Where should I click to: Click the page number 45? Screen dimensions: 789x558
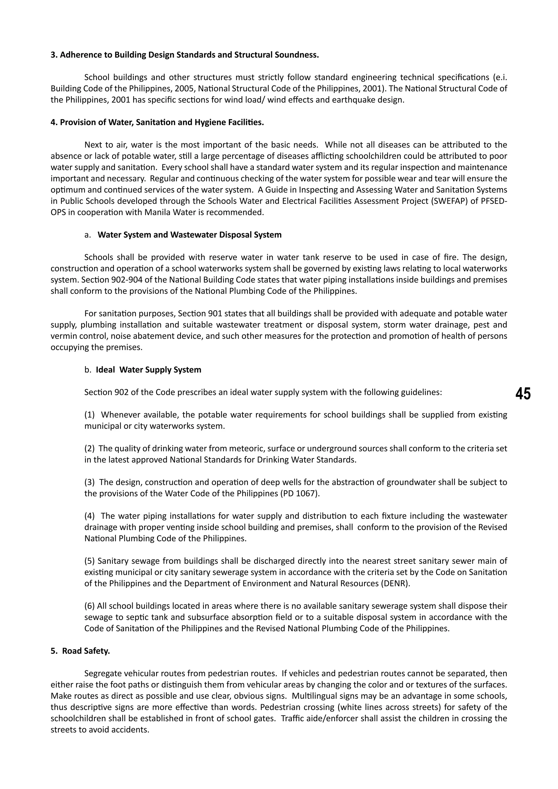pos(523,394)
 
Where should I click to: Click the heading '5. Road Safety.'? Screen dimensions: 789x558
pos(80,651)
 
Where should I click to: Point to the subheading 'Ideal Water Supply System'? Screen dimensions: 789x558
pos(148,370)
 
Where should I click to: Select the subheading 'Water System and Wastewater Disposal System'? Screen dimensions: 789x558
pos(189,235)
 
